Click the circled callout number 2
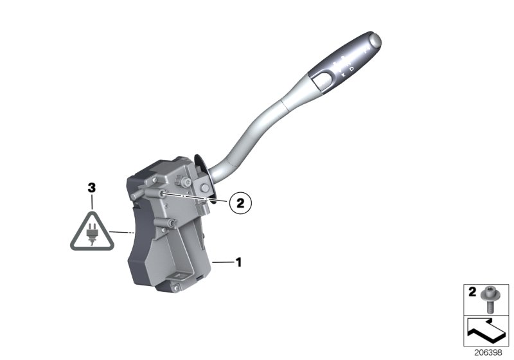coord(239,203)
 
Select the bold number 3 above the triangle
coord(92,188)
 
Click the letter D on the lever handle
coord(351,67)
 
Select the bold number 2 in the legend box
coord(472,292)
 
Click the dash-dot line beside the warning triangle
coord(122,232)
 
